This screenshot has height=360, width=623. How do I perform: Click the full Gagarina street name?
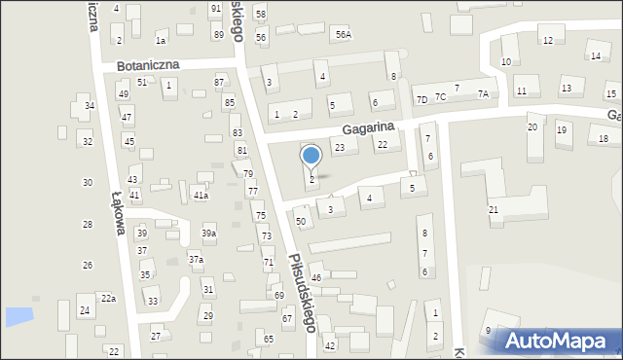click(367, 127)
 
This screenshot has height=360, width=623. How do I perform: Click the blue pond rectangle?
click(18, 316)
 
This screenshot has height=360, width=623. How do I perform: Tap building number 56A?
click(343, 35)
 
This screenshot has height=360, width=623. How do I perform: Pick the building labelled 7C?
click(440, 96)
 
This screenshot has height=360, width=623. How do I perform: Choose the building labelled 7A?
click(482, 93)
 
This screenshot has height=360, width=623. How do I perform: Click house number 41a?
click(200, 196)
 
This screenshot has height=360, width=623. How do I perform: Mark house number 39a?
click(208, 234)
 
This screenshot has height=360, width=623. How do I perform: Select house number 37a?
click(196, 260)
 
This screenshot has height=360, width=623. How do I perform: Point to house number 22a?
click(108, 299)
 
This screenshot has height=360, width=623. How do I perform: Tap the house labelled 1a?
click(161, 40)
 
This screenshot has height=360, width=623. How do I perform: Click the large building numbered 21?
click(494, 210)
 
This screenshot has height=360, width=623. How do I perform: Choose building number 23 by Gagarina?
click(340, 148)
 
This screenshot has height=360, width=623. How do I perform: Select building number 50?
click(302, 222)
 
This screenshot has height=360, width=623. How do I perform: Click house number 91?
click(215, 9)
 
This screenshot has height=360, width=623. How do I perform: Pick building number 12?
click(547, 40)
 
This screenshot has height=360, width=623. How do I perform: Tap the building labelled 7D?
click(421, 99)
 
